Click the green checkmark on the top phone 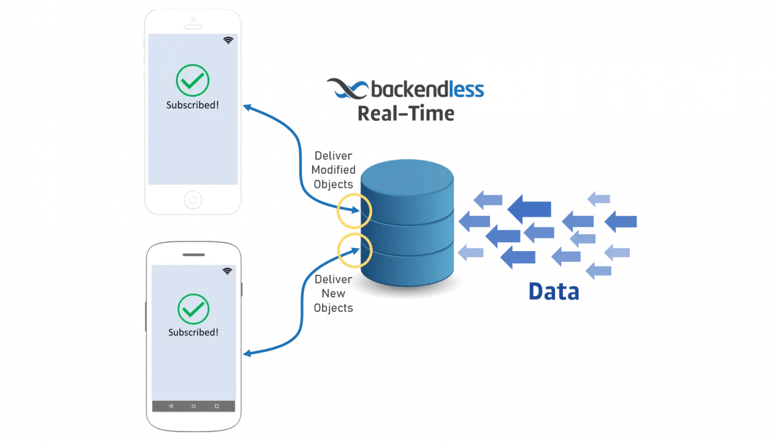[x=193, y=80]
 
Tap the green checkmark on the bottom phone [x=193, y=309]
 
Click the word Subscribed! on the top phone [x=193, y=105]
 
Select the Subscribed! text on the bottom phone [x=193, y=332]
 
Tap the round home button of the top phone [x=193, y=200]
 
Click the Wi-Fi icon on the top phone [x=228, y=41]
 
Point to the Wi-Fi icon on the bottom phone [x=227, y=271]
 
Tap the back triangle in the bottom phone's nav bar [x=170, y=406]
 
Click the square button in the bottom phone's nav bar [x=216, y=406]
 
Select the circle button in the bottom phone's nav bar [x=193, y=406]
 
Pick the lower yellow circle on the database [x=354, y=249]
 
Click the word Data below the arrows [x=553, y=291]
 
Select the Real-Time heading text [x=405, y=114]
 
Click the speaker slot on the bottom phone [x=193, y=254]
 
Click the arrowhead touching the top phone [x=247, y=107]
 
